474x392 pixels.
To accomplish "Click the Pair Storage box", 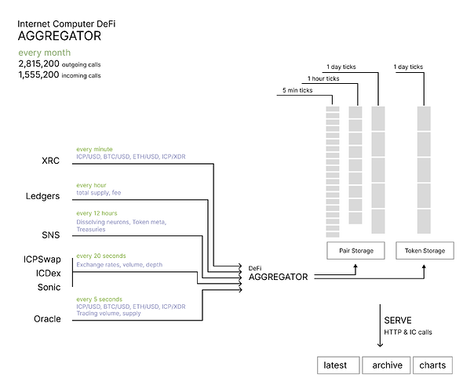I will tap(355, 251).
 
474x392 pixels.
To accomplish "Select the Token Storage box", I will tap(425, 251).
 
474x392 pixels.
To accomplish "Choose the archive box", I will tap(387, 365).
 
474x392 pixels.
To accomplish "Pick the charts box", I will tap(433, 365).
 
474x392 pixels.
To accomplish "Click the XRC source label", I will tap(50, 161).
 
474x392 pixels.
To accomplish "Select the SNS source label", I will tap(49, 234).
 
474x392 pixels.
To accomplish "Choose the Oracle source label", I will tap(46, 318).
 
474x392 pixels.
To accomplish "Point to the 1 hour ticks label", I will tap(324, 79).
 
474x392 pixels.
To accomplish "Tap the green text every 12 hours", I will tap(97, 213).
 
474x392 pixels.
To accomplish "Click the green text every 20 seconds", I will tap(101, 256).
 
